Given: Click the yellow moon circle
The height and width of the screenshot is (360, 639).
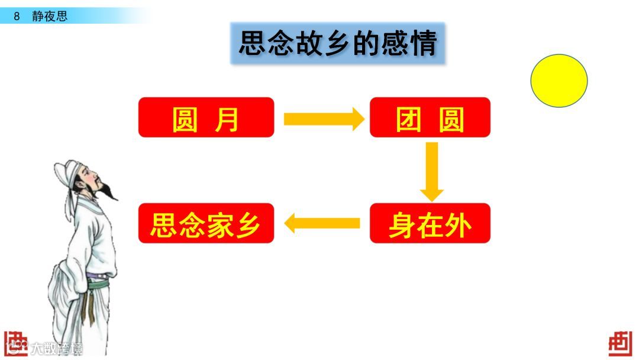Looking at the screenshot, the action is click(559, 81).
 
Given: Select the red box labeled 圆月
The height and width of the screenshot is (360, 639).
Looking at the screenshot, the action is click(206, 118).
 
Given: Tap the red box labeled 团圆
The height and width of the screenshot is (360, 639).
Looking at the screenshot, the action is click(430, 118).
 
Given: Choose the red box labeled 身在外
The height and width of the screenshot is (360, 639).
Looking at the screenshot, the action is click(430, 223).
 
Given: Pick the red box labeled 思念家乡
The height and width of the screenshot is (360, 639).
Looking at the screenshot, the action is click(206, 223).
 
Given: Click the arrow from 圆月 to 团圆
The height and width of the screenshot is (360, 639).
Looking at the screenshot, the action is click(323, 119).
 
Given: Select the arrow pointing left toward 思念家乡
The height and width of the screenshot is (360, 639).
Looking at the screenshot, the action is click(322, 223).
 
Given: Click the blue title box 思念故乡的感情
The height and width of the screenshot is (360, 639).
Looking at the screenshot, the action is click(337, 44).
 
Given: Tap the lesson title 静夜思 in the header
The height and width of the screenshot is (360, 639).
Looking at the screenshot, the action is click(50, 16).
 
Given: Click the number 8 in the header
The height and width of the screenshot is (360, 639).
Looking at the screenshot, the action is click(17, 16).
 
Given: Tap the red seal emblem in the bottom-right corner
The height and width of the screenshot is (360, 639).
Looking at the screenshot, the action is click(620, 343).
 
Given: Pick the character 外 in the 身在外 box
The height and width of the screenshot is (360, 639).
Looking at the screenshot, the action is click(460, 224).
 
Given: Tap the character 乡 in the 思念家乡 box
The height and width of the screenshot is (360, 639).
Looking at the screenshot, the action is click(248, 224).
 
